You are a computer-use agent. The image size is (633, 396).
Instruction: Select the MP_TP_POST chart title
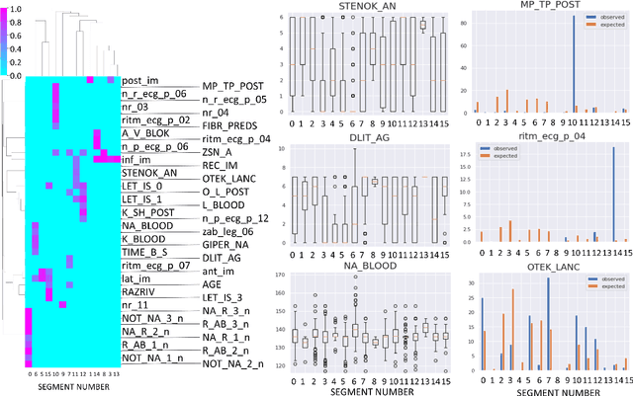[x=549, y=7]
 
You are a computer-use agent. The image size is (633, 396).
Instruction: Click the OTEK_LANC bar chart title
[x=549, y=267]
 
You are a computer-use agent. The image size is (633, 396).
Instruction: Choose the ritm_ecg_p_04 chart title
[x=549, y=138]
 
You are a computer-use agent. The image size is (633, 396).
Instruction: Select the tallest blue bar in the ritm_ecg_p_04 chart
[x=613, y=194]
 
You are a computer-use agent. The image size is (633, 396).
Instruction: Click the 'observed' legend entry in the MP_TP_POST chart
[x=601, y=18]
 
